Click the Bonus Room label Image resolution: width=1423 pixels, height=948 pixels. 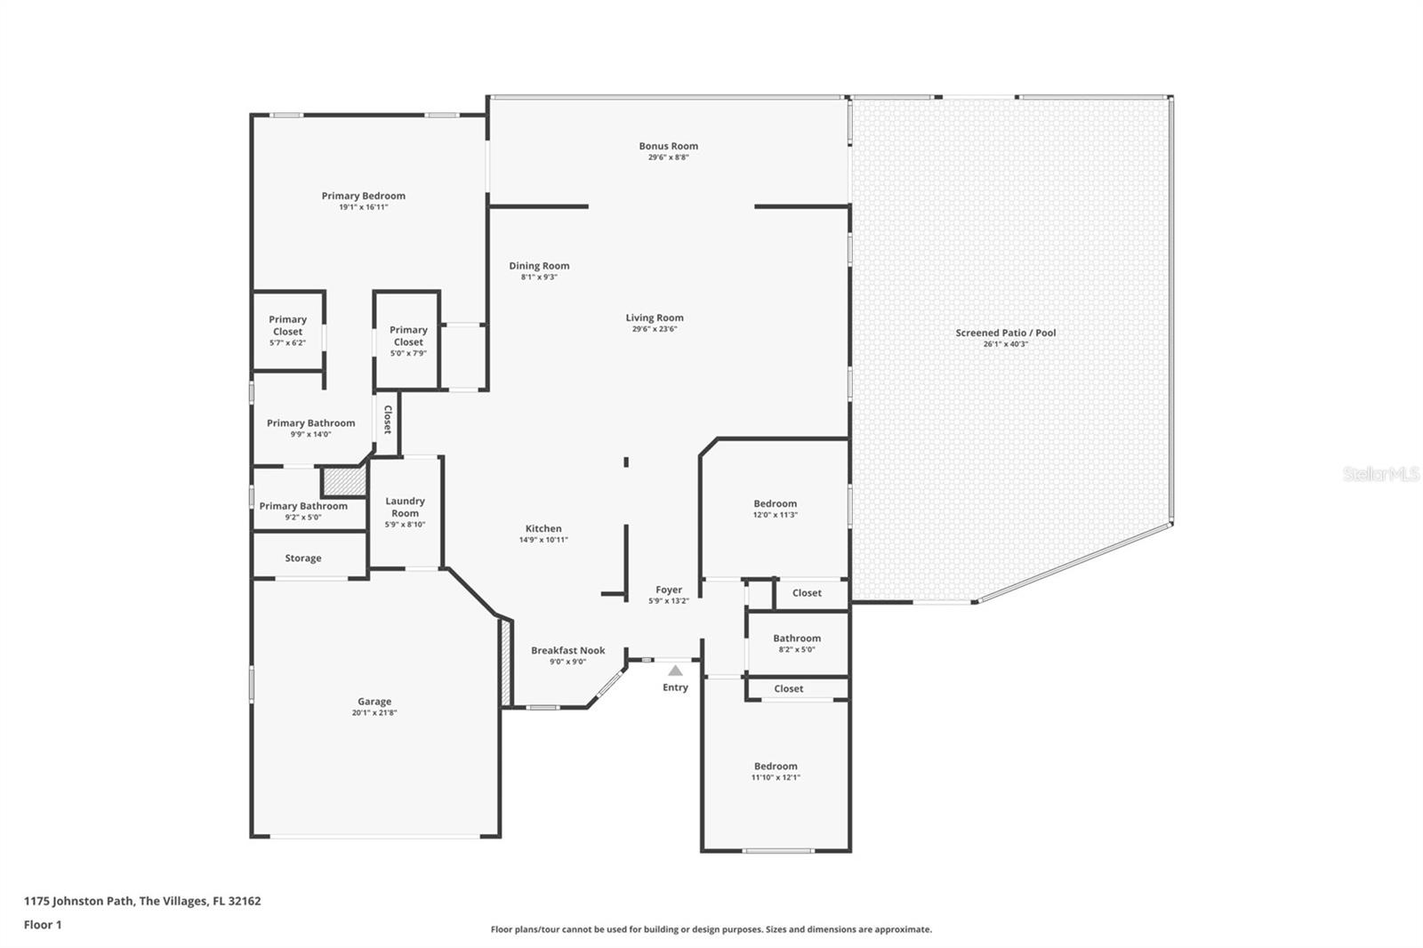[668, 146]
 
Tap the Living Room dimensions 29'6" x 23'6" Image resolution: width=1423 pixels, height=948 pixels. [655, 329]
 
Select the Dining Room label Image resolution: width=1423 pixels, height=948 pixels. [539, 266]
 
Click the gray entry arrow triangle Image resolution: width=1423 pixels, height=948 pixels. [675, 671]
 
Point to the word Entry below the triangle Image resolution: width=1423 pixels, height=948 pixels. [675, 687]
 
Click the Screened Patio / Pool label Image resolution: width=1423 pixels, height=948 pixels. [1006, 333]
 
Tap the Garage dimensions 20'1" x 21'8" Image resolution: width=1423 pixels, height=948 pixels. [374, 713]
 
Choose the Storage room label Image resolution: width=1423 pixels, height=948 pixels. [303, 558]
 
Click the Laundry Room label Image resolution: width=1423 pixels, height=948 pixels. [406, 507]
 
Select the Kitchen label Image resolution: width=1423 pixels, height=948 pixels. [543, 528]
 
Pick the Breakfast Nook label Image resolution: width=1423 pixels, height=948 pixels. [568, 651]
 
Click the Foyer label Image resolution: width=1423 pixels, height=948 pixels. [669, 590]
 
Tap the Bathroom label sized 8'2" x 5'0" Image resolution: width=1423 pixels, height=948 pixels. [797, 639]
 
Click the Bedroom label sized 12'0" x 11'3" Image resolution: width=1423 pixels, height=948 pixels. [775, 504]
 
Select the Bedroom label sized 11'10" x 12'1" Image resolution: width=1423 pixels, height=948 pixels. [776, 767]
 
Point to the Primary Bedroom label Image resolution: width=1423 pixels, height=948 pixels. [364, 197]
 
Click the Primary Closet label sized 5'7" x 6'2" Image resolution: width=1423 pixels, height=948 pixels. [288, 325]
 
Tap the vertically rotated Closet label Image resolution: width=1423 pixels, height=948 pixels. [388, 420]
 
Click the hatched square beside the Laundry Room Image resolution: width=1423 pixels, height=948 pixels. [344, 482]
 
